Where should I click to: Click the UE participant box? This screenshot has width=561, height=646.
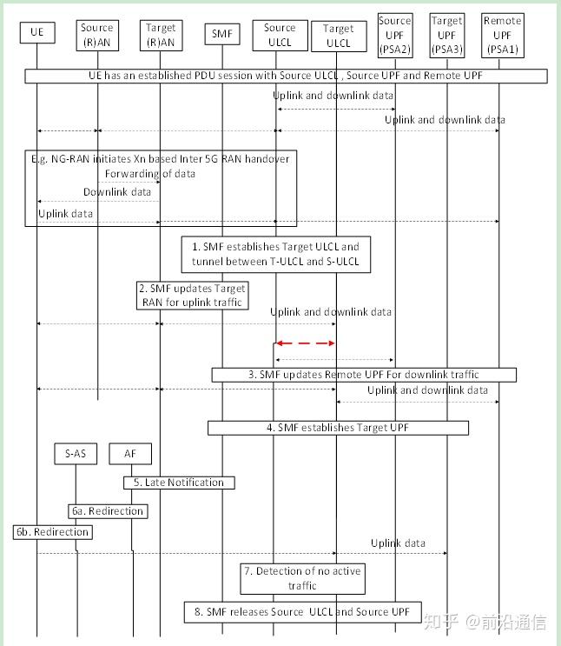pyautogui.click(x=36, y=34)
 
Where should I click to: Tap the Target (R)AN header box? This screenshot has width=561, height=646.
pyautogui.click(x=161, y=33)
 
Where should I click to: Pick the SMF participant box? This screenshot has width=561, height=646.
pyautogui.click(x=221, y=34)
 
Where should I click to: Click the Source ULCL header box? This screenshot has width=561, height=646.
pyautogui.click(x=280, y=35)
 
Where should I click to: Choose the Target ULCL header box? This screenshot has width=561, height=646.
pyautogui.click(x=338, y=36)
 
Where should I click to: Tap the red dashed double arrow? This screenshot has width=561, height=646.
pyautogui.click(x=305, y=343)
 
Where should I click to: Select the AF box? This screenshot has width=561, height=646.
pyautogui.click(x=130, y=453)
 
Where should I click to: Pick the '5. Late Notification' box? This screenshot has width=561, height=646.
pyautogui.click(x=179, y=483)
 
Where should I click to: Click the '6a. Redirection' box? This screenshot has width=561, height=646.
pyautogui.click(x=108, y=511)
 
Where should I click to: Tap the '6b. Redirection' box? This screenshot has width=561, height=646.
pyautogui.click(x=51, y=531)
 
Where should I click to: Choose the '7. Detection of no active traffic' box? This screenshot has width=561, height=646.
pyautogui.click(x=302, y=578)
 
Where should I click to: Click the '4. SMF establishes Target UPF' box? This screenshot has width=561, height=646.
pyautogui.click(x=338, y=428)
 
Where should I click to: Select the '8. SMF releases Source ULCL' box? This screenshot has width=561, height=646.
pyautogui.click(x=302, y=612)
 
